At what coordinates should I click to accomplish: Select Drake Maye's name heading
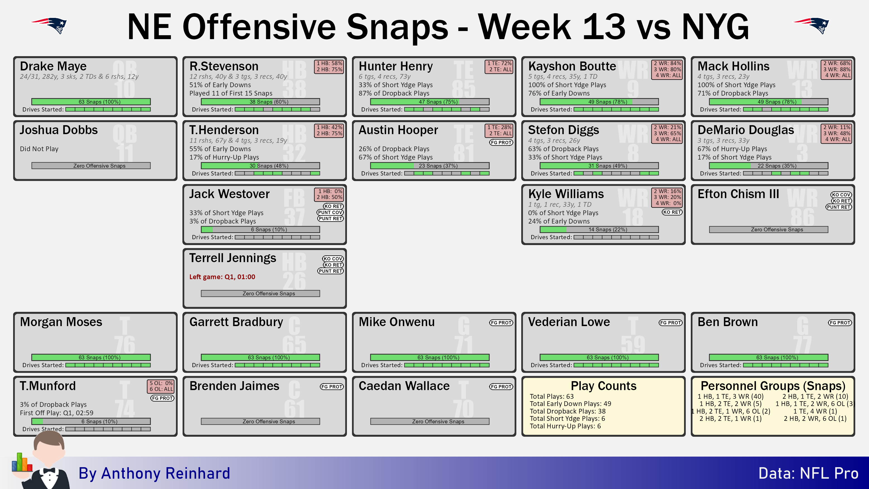(x=53, y=66)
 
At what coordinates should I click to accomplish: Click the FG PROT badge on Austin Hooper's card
(x=501, y=143)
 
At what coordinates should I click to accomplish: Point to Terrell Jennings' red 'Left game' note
(x=222, y=277)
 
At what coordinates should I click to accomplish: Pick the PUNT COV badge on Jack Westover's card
(x=330, y=212)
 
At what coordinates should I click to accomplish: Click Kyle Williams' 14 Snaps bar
(x=599, y=229)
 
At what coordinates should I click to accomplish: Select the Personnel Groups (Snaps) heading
(x=773, y=386)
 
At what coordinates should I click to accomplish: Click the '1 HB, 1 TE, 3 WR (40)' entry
(x=730, y=396)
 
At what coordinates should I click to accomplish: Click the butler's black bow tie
(x=49, y=471)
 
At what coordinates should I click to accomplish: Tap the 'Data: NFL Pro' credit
(x=808, y=473)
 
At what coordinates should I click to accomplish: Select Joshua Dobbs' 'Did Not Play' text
(x=39, y=149)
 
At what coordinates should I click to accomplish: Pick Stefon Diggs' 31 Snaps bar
(x=599, y=166)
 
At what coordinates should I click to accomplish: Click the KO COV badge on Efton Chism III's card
(x=841, y=195)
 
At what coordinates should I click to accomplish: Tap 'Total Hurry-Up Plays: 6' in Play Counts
(x=565, y=426)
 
